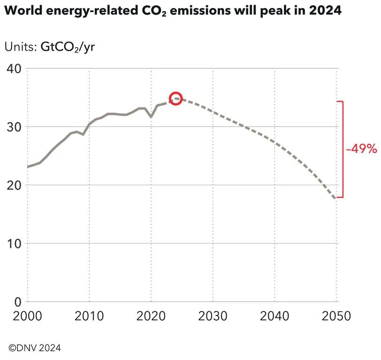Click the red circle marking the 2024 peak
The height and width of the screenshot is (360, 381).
[175, 98]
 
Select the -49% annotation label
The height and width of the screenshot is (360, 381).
[361, 149]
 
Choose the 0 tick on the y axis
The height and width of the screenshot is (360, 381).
[18, 301]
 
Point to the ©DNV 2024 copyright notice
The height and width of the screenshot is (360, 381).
[35, 348]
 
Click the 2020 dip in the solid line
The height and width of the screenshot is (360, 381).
[151, 116]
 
